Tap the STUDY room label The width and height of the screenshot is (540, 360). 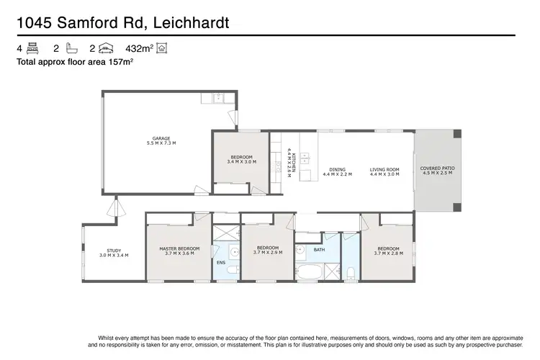[x=114, y=250]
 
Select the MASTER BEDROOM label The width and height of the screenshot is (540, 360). [x=179, y=248]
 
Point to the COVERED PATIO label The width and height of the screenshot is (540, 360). [x=437, y=168]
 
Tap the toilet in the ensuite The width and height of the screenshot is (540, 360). [x=235, y=253]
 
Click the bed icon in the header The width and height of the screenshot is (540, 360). [x=32, y=49]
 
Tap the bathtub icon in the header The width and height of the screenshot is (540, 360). [x=70, y=49]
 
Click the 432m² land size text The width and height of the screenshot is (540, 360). [x=140, y=49]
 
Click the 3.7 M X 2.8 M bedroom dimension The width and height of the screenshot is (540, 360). [x=388, y=253]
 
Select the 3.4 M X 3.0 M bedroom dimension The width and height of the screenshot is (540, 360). [x=241, y=162]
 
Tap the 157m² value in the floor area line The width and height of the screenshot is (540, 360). [x=118, y=63]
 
